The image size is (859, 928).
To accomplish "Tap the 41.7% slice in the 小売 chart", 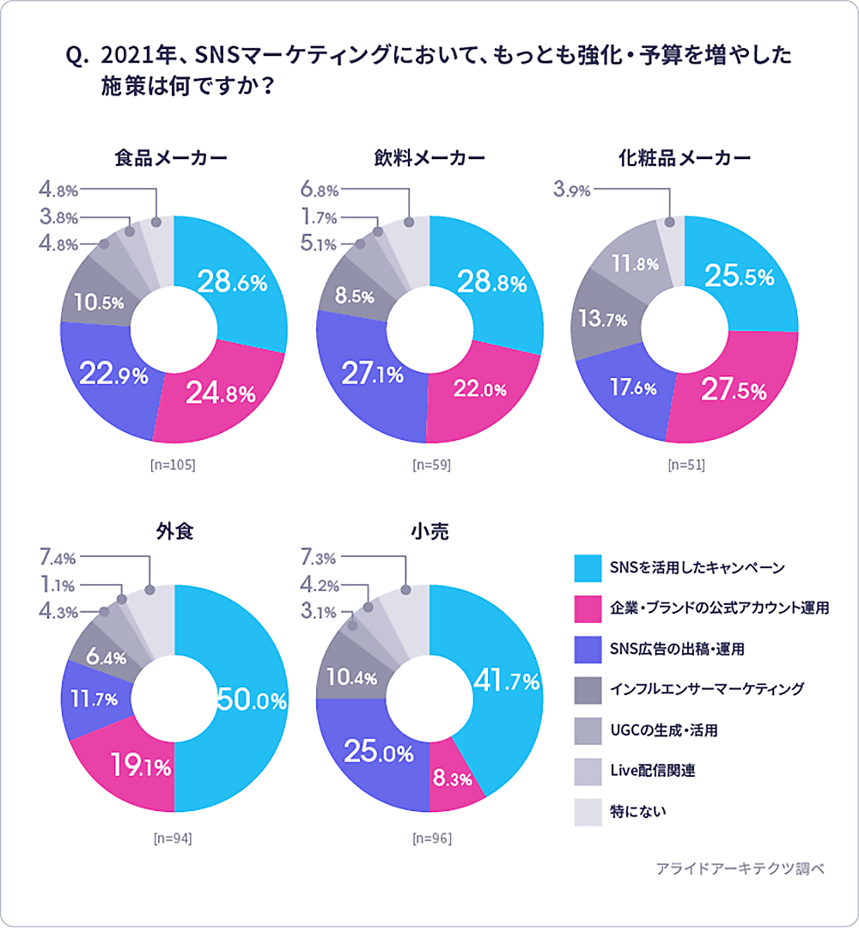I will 505,683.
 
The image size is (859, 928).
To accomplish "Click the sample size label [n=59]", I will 431,466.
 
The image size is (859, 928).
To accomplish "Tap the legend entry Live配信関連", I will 652,770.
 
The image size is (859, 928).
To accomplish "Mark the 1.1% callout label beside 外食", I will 58,585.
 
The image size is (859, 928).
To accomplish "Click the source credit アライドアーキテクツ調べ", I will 740,869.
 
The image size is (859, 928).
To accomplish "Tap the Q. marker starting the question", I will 77,58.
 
